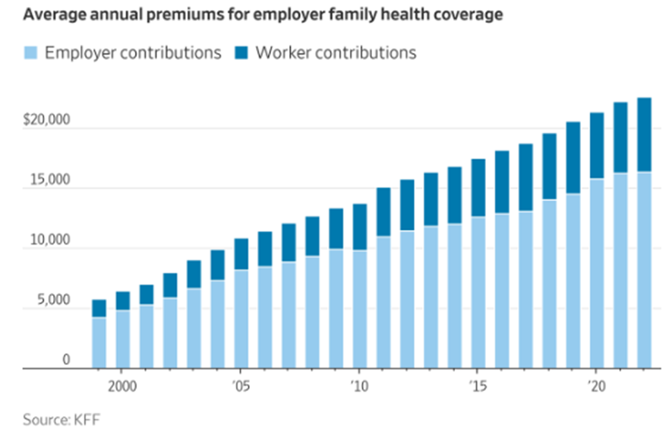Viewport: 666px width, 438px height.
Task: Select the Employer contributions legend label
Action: coord(133,53)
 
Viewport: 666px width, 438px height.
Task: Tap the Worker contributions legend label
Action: coord(336,53)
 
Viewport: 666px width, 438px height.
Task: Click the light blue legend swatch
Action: coord(31,53)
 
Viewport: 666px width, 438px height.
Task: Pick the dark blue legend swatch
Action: coord(242,53)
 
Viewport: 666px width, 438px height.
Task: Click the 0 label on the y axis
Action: coord(66,360)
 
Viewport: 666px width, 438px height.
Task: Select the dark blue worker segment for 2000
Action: coord(123,301)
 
